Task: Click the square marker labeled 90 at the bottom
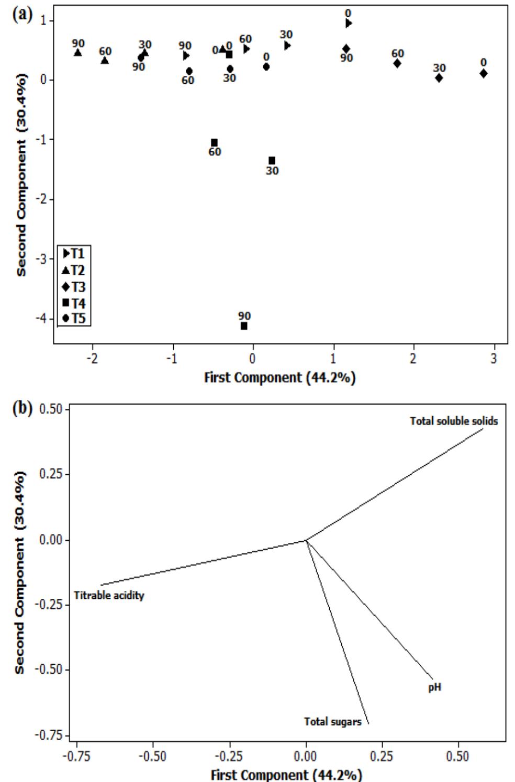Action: [244, 326]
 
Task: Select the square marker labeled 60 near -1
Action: [214, 143]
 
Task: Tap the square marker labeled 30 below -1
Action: [272, 161]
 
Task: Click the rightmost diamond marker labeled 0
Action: [483, 73]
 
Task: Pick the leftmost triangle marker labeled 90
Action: [78, 52]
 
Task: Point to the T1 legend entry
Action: [74, 254]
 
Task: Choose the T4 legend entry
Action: [74, 303]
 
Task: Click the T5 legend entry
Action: [74, 318]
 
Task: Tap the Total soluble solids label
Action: [454, 421]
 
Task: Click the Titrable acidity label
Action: [109, 595]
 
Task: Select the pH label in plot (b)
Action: [434, 687]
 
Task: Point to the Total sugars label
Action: [333, 722]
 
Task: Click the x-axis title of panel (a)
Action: [279, 378]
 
